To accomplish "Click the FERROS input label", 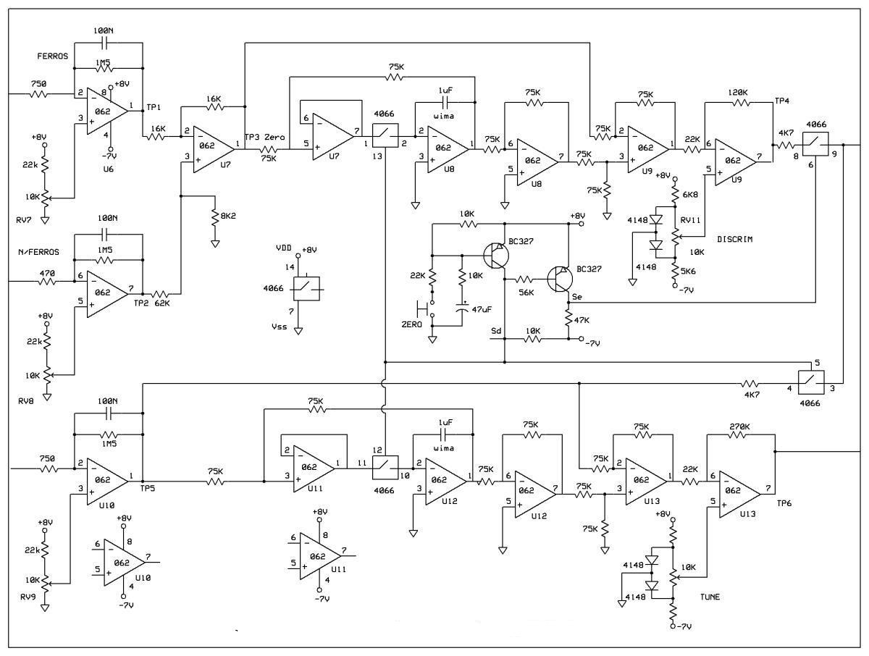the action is pos(53,56).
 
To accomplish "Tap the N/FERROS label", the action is pos(39,252).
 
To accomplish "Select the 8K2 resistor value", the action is pos(228,216).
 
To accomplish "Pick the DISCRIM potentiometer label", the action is pos(735,239).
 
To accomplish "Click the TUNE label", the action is pos(710,597).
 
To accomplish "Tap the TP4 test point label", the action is pos(782,101).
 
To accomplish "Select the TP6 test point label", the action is pos(784,503).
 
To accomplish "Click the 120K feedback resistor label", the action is pos(738,93).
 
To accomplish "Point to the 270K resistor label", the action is pos(739,426).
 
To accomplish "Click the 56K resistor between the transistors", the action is pos(525,279).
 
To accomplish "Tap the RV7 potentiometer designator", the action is pos(24,220).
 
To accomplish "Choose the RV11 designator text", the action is pos(690,220).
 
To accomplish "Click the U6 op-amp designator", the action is pos(108,169).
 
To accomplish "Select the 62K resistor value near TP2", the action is pos(162,303).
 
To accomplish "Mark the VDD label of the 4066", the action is pos(283,248).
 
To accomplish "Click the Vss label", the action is pos(279,327).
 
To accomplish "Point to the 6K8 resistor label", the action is pos(690,195).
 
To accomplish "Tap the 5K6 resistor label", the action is pos(688,272).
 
